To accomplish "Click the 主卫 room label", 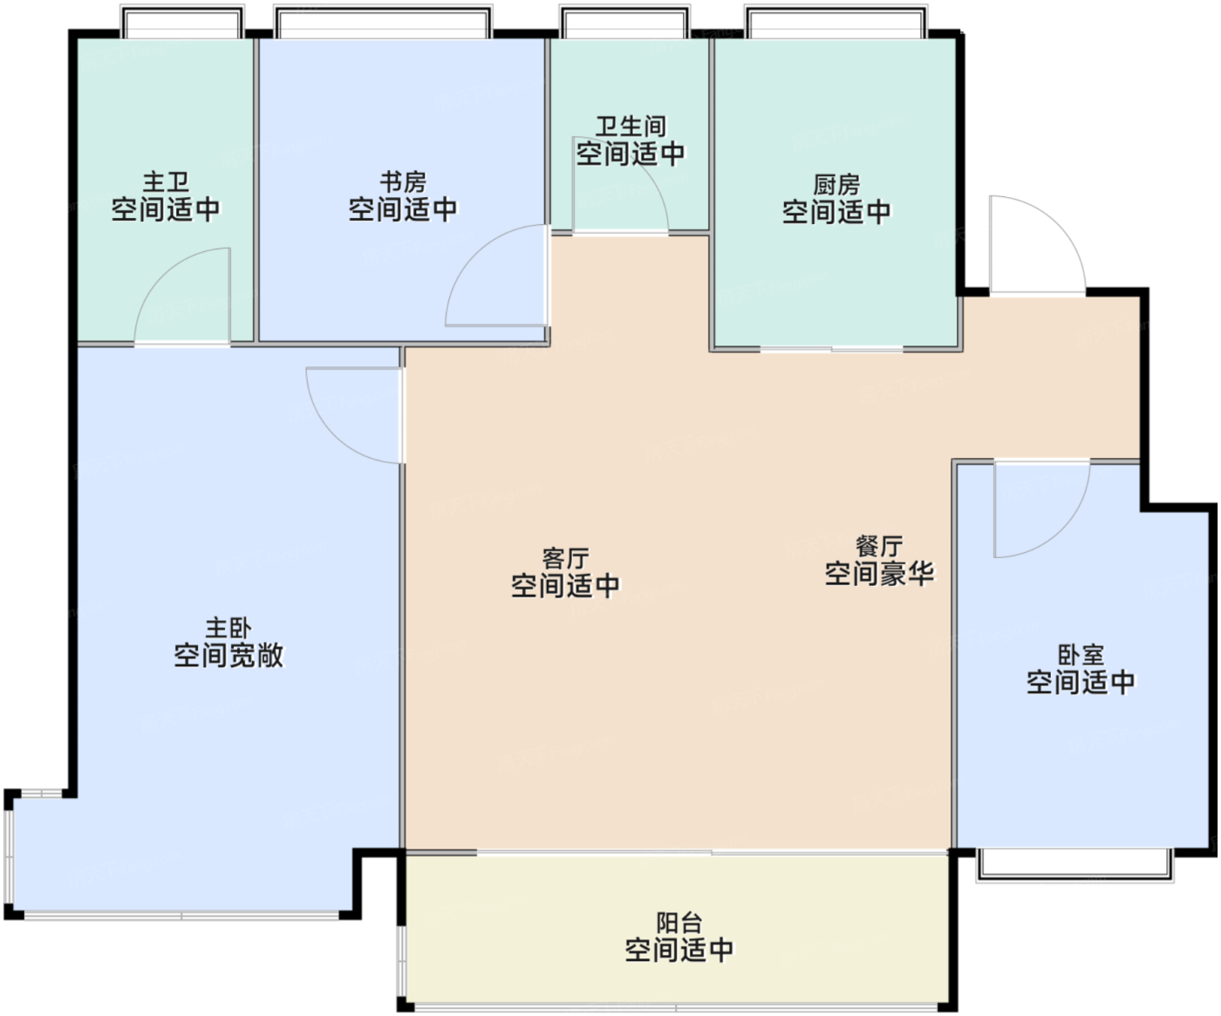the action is [x=166, y=182].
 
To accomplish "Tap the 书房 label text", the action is [x=403, y=182].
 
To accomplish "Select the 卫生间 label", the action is [x=631, y=126].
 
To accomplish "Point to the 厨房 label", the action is [x=836, y=185].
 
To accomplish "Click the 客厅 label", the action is [x=565, y=559].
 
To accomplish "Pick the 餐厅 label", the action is [x=879, y=547].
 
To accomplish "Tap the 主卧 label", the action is [x=229, y=629].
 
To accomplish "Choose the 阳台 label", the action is [x=679, y=923].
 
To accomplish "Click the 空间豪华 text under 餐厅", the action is [x=879, y=574].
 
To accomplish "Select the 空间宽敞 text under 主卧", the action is [x=229, y=656].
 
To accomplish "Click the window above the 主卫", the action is [x=182, y=22].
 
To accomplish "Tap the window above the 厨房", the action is [x=836, y=22].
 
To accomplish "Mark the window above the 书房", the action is [x=383, y=22].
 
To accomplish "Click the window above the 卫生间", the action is [x=624, y=22].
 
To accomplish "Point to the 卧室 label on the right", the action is [x=1081, y=655].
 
